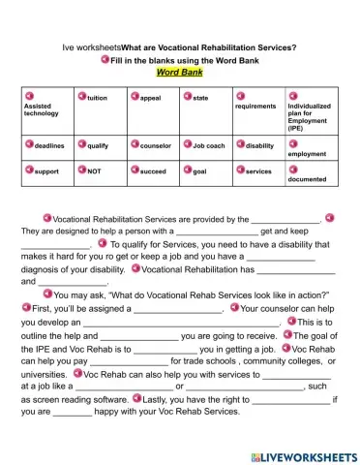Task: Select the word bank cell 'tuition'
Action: (x=97, y=98)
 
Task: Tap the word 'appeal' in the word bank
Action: (x=150, y=98)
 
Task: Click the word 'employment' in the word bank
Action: (x=307, y=154)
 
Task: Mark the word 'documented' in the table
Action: (x=307, y=179)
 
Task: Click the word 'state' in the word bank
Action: (x=200, y=98)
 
